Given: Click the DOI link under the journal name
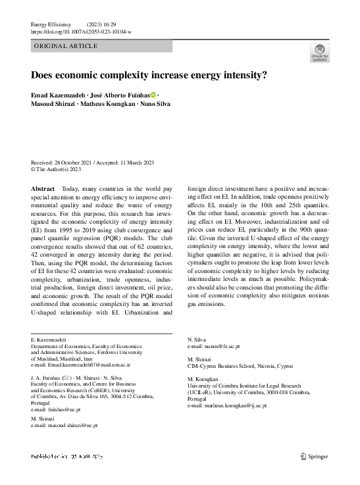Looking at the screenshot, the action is pos(81,32).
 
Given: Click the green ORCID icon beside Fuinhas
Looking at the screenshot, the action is pos(153,96).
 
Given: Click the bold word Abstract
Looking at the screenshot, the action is pos(43,188).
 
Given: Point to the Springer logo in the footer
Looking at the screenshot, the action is pos(313,455).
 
